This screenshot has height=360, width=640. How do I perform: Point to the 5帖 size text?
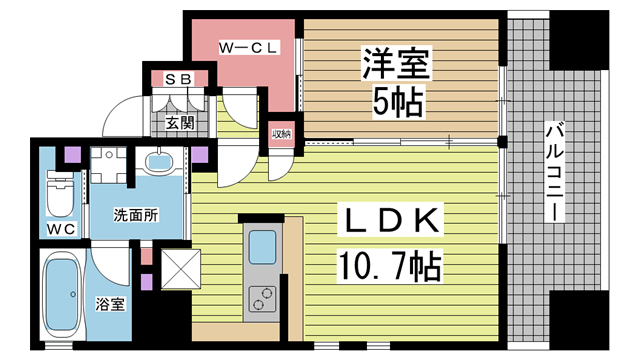tap(397, 101)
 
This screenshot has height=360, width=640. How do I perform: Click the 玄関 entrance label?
tap(180, 124)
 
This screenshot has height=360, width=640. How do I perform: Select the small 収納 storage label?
tap(280, 135)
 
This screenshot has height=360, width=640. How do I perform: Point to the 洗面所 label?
tap(134, 216)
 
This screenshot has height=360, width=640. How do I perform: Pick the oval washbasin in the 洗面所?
tap(160, 163)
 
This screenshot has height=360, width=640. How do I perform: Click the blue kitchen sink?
tap(264, 244)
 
